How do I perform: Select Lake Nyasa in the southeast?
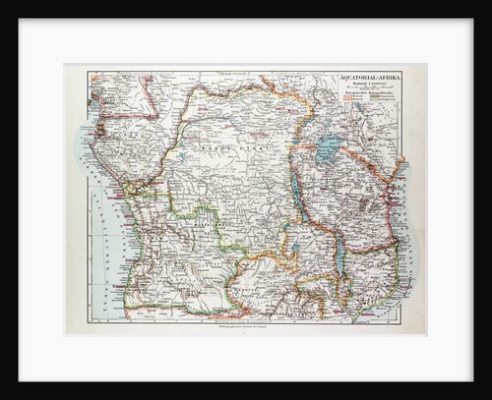(340, 258)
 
